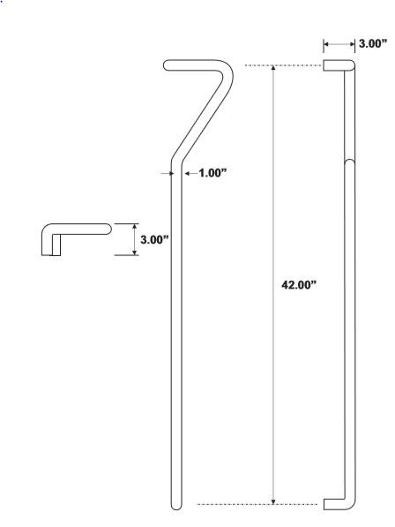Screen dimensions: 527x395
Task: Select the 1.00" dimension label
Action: (212, 173)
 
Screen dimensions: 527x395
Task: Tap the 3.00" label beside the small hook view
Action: (154, 238)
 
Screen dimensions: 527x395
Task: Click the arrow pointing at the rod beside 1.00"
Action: (189, 173)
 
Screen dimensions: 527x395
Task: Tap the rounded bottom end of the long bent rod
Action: (176, 504)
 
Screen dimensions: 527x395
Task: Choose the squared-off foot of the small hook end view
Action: (52, 251)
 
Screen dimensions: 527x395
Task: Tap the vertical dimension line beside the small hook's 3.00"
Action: (134, 238)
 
